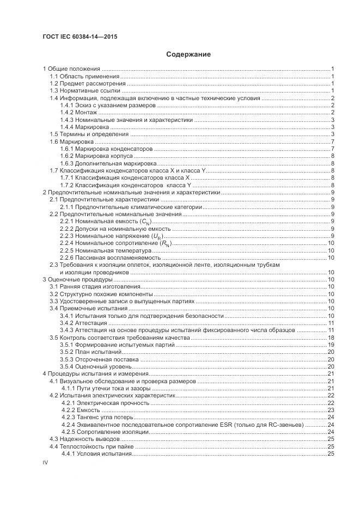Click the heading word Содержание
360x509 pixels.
coord(188,54)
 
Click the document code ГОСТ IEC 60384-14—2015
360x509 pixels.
coord(80,37)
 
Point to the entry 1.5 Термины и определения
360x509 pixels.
coord(89,134)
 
